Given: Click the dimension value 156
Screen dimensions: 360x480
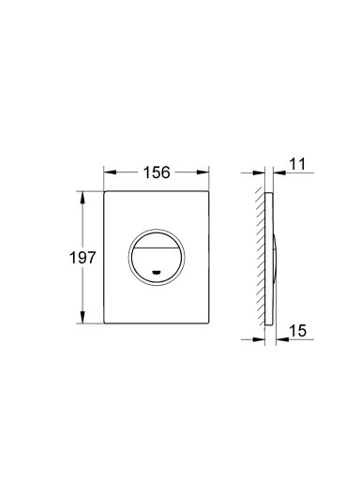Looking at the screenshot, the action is click(157, 172).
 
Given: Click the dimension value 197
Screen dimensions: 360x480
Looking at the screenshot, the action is click(82, 258).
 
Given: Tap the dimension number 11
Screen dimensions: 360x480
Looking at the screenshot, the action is click(297, 164).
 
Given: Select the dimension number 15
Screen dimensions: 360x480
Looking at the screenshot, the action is click(298, 331).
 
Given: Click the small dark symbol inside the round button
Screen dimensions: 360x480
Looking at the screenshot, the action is click(157, 273).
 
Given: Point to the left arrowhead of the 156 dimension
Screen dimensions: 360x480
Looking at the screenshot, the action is click(110, 172).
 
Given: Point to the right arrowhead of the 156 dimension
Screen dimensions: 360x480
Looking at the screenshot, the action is click(202, 172).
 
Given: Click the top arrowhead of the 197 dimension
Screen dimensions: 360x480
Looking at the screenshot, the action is click(82, 198).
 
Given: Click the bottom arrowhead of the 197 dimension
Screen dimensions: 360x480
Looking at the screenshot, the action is click(82, 317).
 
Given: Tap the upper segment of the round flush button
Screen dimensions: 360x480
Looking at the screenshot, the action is click(157, 240).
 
